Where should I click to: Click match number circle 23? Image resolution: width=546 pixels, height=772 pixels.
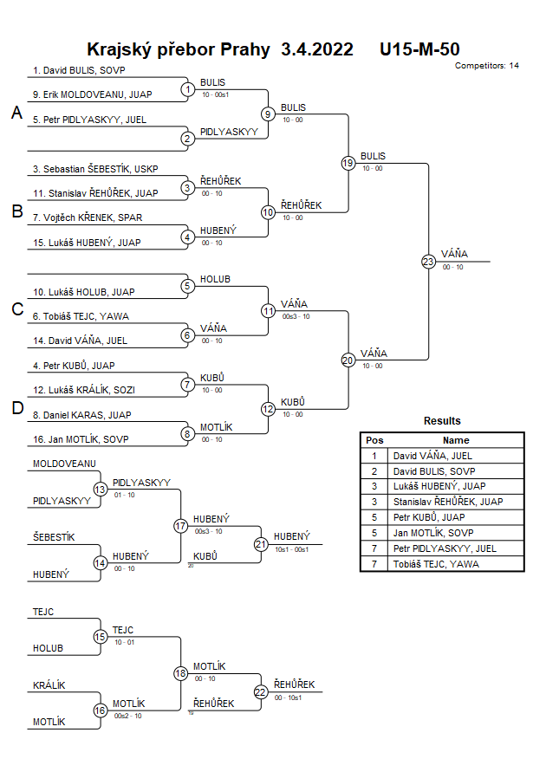[427, 261]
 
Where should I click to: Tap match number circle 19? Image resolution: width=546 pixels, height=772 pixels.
[348, 163]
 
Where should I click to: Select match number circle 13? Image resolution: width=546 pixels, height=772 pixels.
[100, 490]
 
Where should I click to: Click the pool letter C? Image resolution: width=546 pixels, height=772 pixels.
[16, 309]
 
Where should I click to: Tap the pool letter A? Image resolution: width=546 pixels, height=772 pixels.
[16, 113]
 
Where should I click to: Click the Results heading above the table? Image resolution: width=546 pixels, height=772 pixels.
[442, 421]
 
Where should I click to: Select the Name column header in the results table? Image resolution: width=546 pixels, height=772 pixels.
[456, 440]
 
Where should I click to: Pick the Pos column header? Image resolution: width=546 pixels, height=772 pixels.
[374, 440]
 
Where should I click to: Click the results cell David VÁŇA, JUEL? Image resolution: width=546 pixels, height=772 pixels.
[432, 455]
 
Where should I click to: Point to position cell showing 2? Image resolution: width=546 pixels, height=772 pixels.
[374, 470]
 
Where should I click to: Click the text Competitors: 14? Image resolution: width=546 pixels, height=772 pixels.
[486, 65]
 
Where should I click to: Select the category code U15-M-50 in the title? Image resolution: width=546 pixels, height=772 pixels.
[419, 49]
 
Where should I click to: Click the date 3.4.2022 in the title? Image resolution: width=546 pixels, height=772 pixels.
[317, 49]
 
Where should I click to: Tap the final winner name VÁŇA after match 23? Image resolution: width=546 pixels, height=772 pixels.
[454, 254]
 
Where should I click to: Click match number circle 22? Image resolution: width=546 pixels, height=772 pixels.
[261, 691]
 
